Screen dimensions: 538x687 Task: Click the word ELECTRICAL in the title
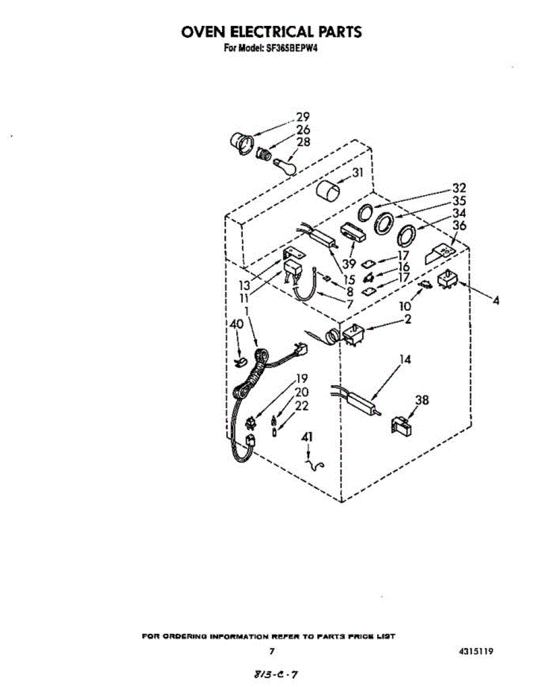(272, 32)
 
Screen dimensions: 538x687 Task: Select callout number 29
(302, 117)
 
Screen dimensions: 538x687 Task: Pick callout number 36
(460, 226)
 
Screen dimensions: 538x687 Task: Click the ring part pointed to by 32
(366, 213)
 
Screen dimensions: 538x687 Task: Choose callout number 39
(349, 263)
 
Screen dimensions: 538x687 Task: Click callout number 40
(236, 325)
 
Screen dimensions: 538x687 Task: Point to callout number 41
(307, 437)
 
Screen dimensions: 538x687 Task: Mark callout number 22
(302, 406)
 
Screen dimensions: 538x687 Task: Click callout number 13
(244, 286)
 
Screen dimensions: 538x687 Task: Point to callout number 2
(408, 319)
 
